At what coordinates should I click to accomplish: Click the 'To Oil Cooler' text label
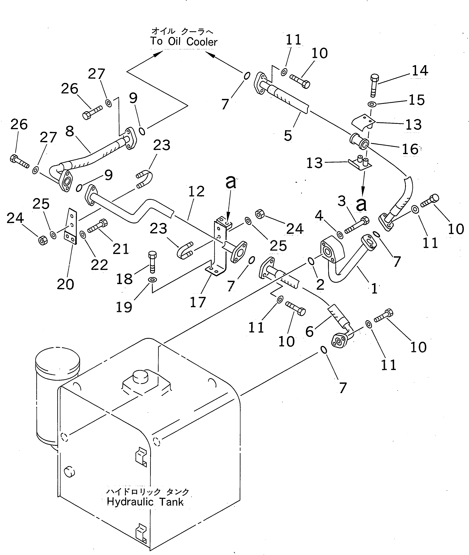click(x=184, y=42)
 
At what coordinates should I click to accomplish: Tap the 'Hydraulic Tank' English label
click(x=145, y=502)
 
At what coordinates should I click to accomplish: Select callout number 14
click(x=420, y=71)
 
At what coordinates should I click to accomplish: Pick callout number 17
click(x=198, y=302)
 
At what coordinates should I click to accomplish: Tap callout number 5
click(x=288, y=136)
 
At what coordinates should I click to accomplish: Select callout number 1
click(x=374, y=288)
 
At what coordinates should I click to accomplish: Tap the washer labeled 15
click(x=372, y=104)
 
